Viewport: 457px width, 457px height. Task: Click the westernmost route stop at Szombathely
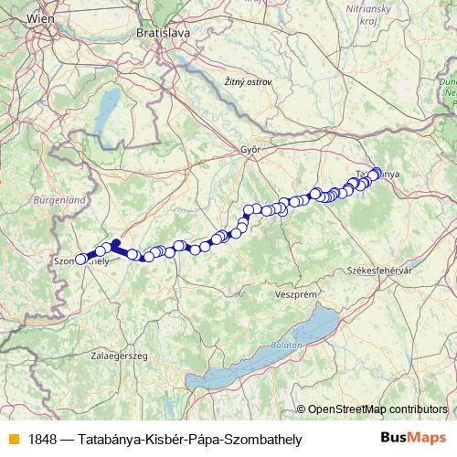[80, 260]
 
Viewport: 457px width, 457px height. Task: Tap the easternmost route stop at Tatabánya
[375, 171]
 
